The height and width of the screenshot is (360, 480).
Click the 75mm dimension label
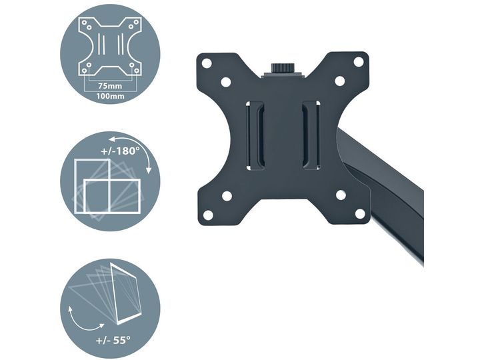point(110,86)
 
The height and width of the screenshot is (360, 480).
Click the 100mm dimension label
point(110,96)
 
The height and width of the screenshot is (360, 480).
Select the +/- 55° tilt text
point(113,340)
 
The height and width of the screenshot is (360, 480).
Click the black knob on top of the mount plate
point(281,68)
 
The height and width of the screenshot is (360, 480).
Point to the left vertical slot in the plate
point(255,135)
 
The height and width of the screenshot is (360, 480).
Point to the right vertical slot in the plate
point(311,135)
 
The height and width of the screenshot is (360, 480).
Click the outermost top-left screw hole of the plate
point(207,63)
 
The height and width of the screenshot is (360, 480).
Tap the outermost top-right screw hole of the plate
point(359,61)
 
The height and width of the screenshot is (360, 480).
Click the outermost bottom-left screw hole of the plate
point(208,215)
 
